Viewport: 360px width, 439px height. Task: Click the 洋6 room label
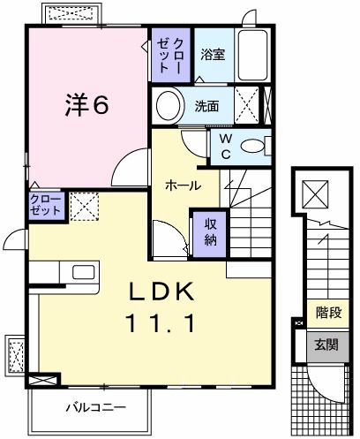86,105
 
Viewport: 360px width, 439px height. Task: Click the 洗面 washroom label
207,107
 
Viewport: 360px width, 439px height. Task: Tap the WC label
224,145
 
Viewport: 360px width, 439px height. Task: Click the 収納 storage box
211,231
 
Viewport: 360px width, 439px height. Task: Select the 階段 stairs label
329,312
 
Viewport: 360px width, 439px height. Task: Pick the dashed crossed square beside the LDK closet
84,208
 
